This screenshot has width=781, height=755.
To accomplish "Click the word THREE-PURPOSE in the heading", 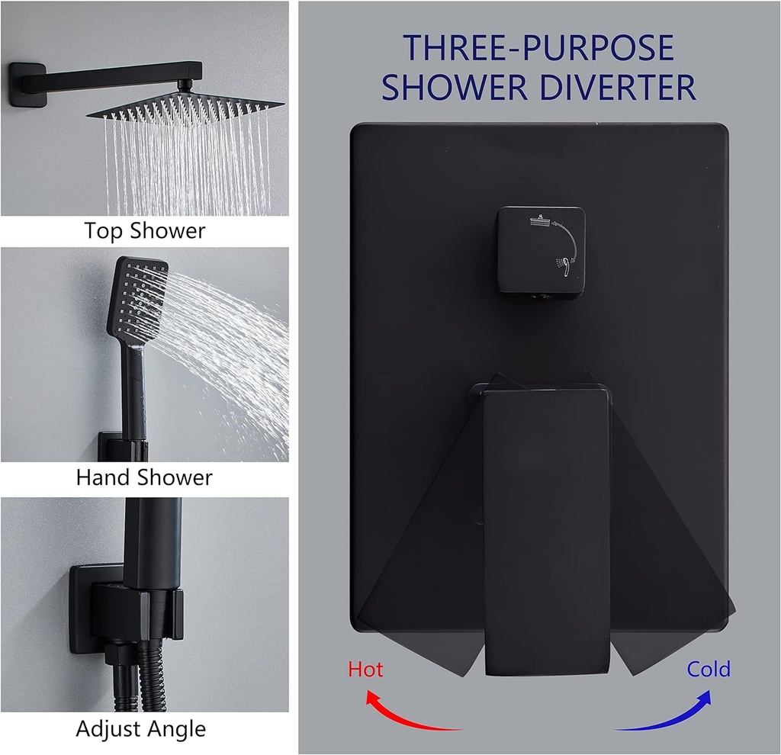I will click(538, 48).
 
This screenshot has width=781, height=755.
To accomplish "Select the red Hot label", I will click(365, 670).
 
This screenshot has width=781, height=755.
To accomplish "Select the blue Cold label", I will click(709, 670).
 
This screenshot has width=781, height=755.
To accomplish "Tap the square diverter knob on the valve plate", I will click(540, 250).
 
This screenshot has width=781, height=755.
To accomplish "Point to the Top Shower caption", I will click(145, 230).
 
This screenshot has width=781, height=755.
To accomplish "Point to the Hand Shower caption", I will click(144, 478).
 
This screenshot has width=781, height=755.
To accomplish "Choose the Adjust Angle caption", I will click(141, 728).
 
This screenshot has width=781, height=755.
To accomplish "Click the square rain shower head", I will click(185, 107).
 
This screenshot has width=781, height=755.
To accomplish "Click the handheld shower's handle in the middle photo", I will click(134, 397).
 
